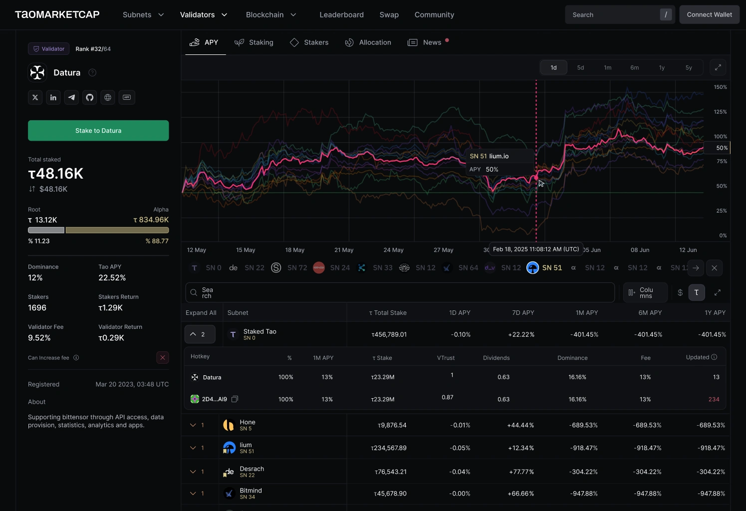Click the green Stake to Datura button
(98, 131)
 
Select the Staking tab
(254, 42)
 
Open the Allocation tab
(368, 42)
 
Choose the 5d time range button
(580, 68)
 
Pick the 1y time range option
(662, 68)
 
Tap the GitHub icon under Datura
(90, 97)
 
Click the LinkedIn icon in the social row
(53, 97)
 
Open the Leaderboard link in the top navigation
(341, 14)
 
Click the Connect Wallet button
(710, 14)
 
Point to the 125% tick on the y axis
(720, 112)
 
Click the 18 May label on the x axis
(295, 250)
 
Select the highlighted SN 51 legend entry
(544, 268)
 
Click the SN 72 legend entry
(289, 268)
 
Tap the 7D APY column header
(523, 313)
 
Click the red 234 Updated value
(714, 399)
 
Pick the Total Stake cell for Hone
(392, 425)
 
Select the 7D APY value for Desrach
(521, 472)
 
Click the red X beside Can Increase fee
(163, 358)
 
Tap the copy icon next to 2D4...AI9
(235, 399)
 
